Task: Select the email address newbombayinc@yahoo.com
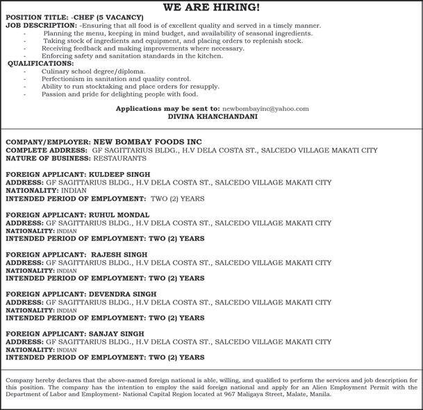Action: click(265, 109)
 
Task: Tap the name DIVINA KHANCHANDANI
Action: click(211, 117)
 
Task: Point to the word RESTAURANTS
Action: click(112, 157)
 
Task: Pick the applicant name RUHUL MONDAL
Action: click(120, 215)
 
